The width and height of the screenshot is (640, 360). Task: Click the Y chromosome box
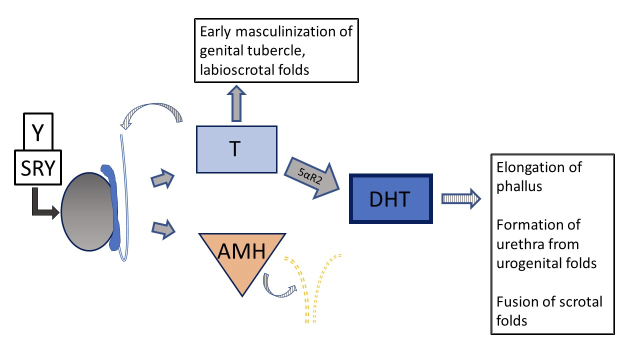click(38, 131)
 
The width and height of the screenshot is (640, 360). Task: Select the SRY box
click(38, 167)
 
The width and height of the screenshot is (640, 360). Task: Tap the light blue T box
click(236, 149)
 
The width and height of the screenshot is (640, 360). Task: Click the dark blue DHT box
click(391, 198)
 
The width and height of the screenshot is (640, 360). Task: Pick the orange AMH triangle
click(242, 257)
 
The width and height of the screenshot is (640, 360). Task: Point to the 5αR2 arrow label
click(310, 175)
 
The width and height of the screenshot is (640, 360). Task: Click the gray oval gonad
click(87, 211)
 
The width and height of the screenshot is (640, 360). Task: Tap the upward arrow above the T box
click(236, 103)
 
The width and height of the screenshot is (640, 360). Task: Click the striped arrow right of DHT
click(461, 198)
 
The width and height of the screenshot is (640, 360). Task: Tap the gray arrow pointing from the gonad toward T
click(163, 179)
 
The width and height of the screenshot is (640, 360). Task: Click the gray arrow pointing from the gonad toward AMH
click(163, 229)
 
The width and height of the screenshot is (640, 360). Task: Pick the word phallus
click(519, 186)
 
